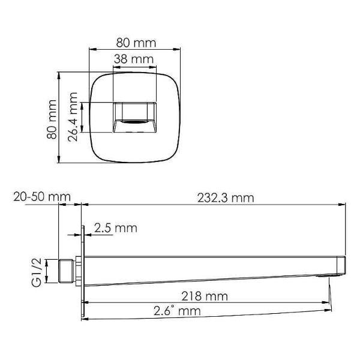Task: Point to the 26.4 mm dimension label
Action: (73, 117)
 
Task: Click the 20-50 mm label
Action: (41, 197)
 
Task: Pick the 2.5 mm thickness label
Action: (116, 228)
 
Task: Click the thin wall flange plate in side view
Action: (82, 269)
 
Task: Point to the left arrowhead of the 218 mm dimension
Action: (85, 303)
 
